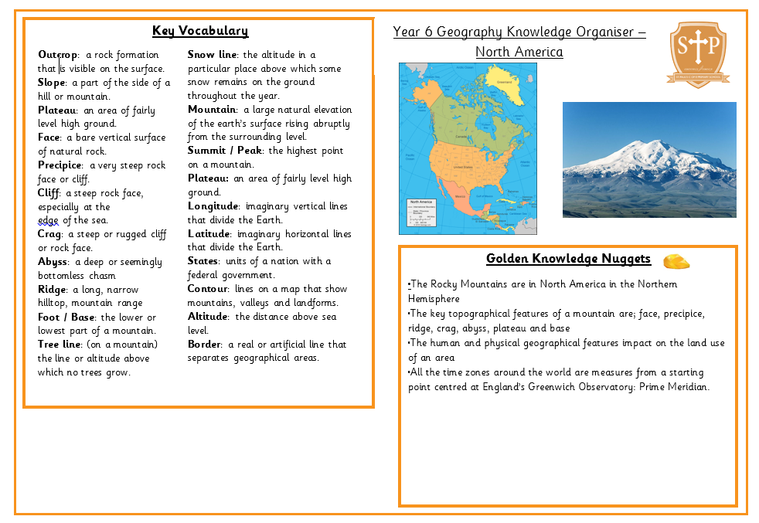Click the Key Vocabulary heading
coord(200,31)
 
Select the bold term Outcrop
coord(58,55)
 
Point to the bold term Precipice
coord(60,165)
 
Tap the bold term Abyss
coord(53,262)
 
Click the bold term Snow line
coord(212,55)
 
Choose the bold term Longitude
coord(213,206)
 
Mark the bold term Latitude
coord(209,234)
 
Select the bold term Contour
coord(208,289)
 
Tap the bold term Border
coord(205,345)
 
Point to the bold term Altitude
coord(208,317)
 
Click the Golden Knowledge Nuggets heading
coord(568,259)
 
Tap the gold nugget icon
coord(676,260)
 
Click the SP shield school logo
coord(697,53)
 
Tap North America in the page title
coord(519,53)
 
